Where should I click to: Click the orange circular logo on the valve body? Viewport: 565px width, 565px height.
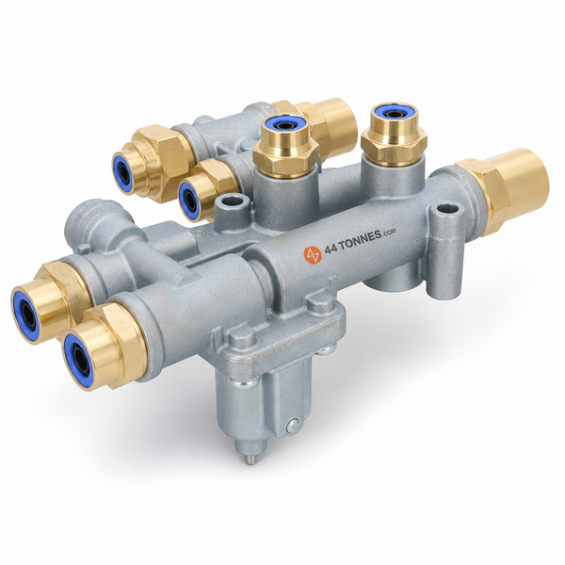312,253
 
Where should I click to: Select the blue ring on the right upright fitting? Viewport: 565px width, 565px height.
393,114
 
